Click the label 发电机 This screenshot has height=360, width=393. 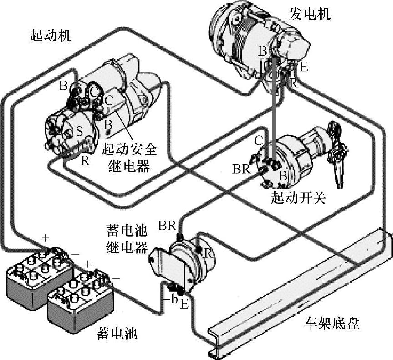(310, 14)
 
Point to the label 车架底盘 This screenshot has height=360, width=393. (332, 324)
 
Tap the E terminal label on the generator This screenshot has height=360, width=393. (304, 67)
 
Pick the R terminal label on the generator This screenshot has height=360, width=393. (294, 83)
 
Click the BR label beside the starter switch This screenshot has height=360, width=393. (241, 169)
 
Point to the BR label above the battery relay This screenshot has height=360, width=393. (167, 225)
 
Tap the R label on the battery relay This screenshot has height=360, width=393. (208, 253)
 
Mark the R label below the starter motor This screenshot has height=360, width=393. (85, 160)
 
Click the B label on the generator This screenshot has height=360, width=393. (262, 50)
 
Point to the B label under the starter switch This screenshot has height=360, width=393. (282, 175)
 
